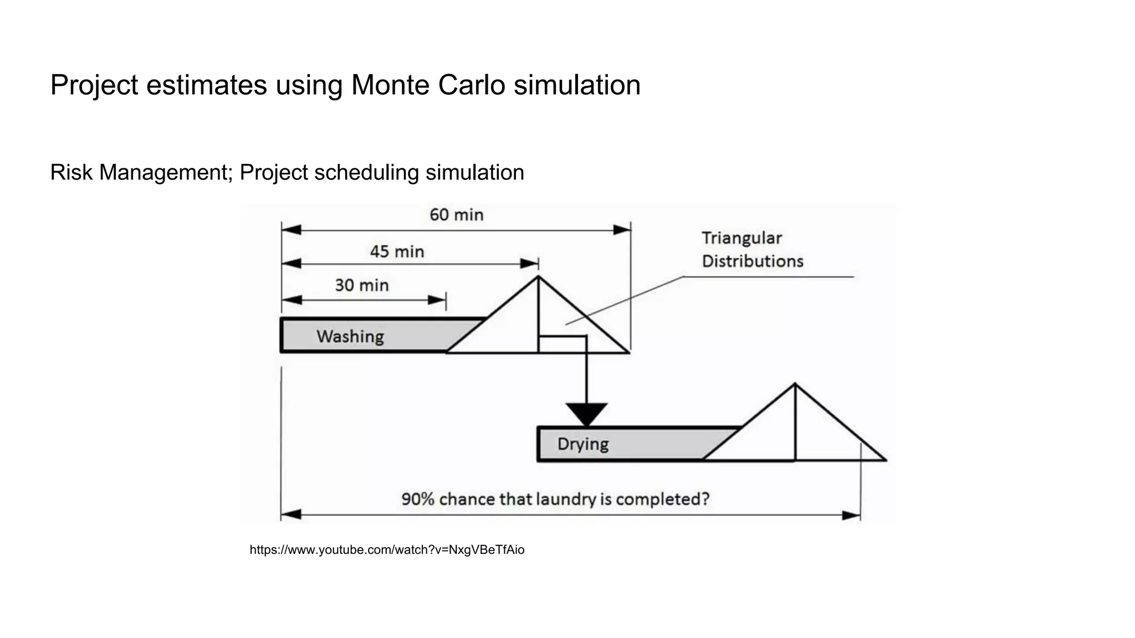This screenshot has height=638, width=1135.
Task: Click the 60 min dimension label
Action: pos(456,215)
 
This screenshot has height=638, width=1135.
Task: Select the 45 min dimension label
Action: pos(397,252)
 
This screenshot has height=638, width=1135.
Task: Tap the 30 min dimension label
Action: pos(361,285)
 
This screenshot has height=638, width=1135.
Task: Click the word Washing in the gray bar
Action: pos(350,336)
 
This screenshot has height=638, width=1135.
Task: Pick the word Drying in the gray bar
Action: pos(582,444)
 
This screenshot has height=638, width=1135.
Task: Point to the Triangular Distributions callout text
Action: pos(751,250)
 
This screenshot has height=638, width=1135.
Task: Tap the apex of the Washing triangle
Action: pos(538,277)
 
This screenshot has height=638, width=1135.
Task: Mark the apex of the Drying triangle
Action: pos(795,384)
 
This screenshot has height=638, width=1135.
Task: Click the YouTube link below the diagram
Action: pos(387,550)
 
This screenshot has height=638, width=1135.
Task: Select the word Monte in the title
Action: pos(390,85)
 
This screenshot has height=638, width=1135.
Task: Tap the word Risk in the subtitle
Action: pos(71,173)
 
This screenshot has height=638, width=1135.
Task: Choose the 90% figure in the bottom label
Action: pos(417,499)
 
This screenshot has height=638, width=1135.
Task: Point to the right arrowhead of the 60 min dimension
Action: pos(622,230)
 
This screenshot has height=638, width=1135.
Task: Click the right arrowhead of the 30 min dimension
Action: pos(437,300)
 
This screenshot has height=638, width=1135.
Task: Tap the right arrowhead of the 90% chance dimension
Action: pos(851,516)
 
